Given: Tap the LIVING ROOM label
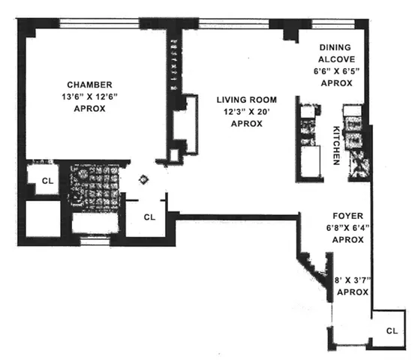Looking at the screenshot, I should coord(247,100).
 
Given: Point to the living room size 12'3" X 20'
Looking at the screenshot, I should coord(247,112).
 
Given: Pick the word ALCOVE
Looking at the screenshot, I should coord(331,58).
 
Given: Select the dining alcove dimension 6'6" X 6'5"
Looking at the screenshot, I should coord(331,71).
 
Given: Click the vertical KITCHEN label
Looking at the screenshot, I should coord(337,145).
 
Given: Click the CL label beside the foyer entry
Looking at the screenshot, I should coord(392,331).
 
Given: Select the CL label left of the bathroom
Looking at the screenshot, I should coord(47,181).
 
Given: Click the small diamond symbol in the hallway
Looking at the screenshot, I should coord(145,179).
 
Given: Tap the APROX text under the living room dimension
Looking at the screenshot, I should coord(247,124).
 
